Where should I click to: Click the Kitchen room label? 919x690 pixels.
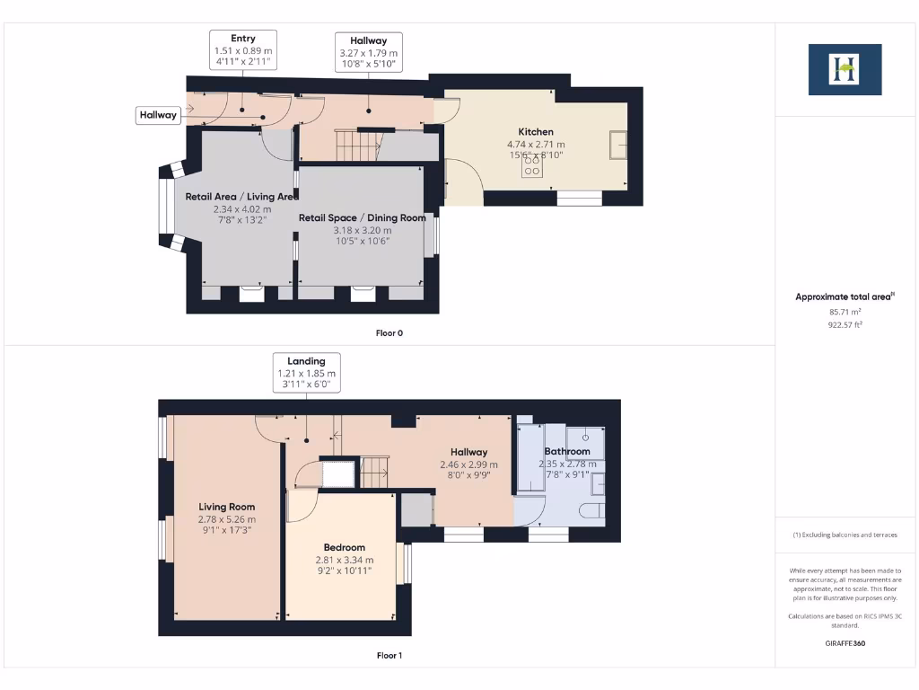pyautogui.click(x=536, y=132)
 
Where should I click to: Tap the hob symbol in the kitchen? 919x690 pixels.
pyautogui.click(x=532, y=165)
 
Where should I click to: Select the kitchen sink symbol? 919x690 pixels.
pyautogui.click(x=617, y=145)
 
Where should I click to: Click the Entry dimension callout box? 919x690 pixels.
pyautogui.click(x=242, y=50)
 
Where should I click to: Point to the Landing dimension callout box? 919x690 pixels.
pyautogui.click(x=306, y=373)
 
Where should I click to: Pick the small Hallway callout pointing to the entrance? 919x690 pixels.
pyautogui.click(x=158, y=115)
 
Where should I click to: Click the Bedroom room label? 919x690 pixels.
pyautogui.click(x=345, y=547)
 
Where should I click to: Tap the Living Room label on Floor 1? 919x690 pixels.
pyautogui.click(x=226, y=507)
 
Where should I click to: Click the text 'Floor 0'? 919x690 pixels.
pyautogui.click(x=389, y=333)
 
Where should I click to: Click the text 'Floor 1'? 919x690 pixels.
pyautogui.click(x=389, y=656)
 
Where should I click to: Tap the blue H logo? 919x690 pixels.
pyautogui.click(x=845, y=69)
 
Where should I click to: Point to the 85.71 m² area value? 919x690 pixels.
pyautogui.click(x=845, y=313)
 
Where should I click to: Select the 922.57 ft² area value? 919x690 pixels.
pyautogui.click(x=845, y=325)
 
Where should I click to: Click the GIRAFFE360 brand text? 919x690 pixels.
pyautogui.click(x=845, y=643)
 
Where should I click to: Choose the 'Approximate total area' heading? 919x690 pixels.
pyautogui.click(x=845, y=296)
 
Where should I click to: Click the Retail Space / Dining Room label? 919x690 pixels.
pyautogui.click(x=363, y=217)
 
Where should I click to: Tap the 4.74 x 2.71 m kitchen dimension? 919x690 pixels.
pyautogui.click(x=536, y=145)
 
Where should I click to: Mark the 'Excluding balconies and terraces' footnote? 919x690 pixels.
pyautogui.click(x=845, y=535)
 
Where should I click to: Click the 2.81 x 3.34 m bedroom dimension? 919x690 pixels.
pyautogui.click(x=345, y=559)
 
